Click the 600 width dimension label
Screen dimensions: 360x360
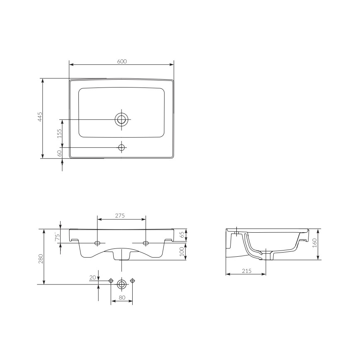[x=122, y=61]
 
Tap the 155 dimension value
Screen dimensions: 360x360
[x=59, y=133]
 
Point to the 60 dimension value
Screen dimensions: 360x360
[x=59, y=153]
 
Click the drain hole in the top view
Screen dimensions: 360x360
[x=122, y=119]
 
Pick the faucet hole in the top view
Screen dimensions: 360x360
[x=122, y=147]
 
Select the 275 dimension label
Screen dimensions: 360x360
[x=120, y=215]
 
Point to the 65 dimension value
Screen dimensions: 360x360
[x=182, y=235]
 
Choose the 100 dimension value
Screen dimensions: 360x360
[x=182, y=251]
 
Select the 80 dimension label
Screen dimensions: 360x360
[x=121, y=297]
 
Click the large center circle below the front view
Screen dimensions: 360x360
[x=121, y=284]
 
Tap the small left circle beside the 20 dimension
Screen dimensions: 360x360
[x=111, y=281]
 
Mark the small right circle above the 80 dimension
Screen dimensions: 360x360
[x=132, y=281]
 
